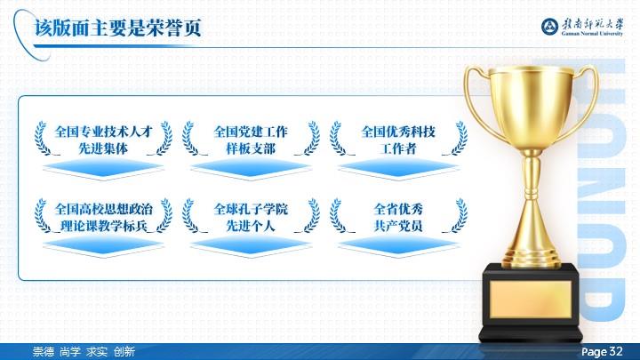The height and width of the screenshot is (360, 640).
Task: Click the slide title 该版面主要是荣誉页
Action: [x=118, y=28]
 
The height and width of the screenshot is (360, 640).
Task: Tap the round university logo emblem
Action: [x=550, y=27]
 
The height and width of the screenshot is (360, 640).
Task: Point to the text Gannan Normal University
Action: [x=592, y=34]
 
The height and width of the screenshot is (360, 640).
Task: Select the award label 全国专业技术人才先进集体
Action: [x=103, y=140]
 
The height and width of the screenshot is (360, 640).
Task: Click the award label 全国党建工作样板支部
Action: [x=251, y=140]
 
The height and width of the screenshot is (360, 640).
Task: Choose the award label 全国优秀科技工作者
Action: [x=398, y=140]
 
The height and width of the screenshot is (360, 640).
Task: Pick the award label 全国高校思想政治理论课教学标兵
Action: [x=103, y=217]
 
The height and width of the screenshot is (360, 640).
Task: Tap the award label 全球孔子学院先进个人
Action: [x=251, y=217]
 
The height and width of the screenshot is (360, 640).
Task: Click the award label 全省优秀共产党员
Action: [x=398, y=217]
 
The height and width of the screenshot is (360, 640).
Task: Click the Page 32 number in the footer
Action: [x=602, y=351]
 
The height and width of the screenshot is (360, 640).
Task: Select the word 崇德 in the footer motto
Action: [x=44, y=351]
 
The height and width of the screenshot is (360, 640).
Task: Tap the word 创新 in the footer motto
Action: [x=124, y=351]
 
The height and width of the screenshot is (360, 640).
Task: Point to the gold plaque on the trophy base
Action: [x=530, y=300]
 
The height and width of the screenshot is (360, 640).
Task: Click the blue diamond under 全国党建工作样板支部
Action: [x=251, y=168]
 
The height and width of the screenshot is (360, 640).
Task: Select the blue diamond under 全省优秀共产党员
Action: [x=398, y=246]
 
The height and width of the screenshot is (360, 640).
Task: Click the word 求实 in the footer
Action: [x=97, y=351]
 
